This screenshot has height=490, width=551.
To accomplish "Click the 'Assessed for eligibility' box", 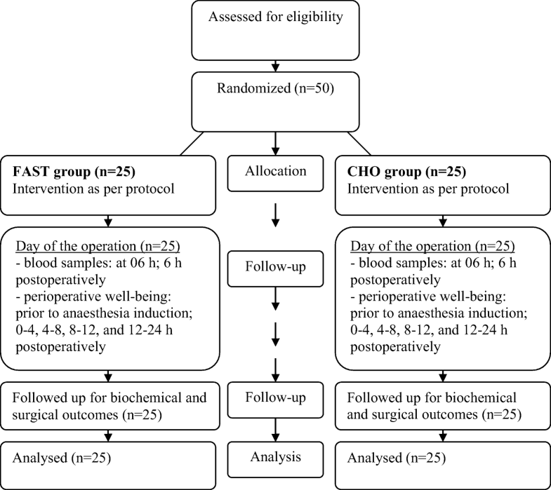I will coord(275,33).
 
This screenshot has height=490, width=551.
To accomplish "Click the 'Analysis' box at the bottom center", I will coord(275,458).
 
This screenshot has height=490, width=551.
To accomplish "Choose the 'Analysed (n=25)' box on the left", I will coord(109,459).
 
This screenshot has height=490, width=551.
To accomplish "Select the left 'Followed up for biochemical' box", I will coord(109,405).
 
